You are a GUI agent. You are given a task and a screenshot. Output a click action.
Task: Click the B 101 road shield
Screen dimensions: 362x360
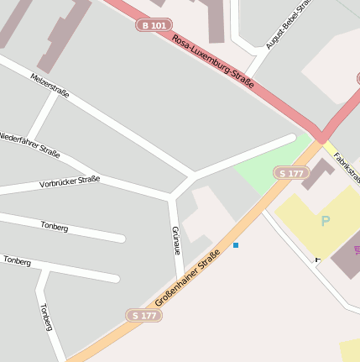[x=154, y=26]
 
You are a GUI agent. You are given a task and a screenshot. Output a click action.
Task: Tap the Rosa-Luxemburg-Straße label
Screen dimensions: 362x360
[x=212, y=62]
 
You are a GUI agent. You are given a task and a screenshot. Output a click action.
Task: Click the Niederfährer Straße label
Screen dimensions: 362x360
[x=29, y=144]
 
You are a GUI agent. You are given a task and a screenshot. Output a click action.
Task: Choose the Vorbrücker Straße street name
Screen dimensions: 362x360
[x=70, y=181]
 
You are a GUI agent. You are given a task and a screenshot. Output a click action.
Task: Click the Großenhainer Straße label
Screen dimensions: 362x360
[x=187, y=277]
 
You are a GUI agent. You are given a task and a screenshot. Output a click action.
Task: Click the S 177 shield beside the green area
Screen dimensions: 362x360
[x=291, y=173]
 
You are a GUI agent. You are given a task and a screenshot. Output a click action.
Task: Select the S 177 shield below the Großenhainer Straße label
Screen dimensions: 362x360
[x=143, y=315]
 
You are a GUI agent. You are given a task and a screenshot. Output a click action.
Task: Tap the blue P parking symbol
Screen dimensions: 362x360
[x=325, y=222]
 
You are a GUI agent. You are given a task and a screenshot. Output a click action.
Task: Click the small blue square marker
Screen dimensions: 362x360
[x=236, y=245]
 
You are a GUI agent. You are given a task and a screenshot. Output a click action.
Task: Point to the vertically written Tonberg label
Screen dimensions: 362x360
[x=46, y=317]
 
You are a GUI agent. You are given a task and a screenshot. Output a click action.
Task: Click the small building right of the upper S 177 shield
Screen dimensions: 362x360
[x=318, y=174]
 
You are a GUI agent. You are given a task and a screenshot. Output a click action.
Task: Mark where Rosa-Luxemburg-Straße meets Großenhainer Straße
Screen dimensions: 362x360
[x=321, y=139]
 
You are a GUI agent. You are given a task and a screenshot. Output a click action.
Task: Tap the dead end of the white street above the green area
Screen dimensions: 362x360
[x=291, y=138]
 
